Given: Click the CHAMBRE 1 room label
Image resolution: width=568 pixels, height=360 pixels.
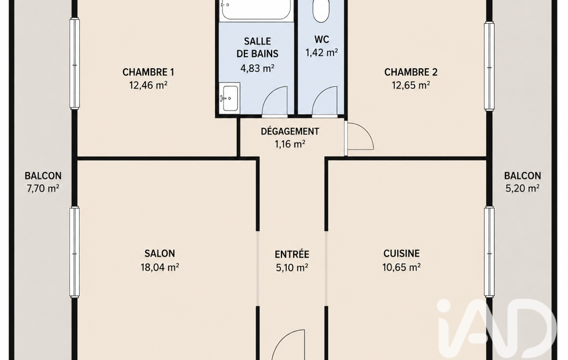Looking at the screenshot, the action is pyautogui.click(x=148, y=72).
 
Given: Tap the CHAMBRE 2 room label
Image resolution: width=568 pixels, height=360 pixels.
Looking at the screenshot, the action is pyautogui.click(x=411, y=72).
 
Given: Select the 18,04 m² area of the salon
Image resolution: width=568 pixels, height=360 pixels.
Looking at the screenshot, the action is pyautogui.click(x=160, y=268).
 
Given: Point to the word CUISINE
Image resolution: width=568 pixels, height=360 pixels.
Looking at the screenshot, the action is pyautogui.click(x=401, y=253).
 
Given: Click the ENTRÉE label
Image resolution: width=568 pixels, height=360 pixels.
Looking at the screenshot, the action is pyautogui.click(x=292, y=254).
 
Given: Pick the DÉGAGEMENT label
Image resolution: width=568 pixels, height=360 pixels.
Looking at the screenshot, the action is pyautogui.click(x=290, y=131).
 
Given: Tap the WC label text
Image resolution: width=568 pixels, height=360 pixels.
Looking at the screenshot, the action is pyautogui.click(x=321, y=39).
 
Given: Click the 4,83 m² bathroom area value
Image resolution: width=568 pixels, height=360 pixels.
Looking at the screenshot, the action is pyautogui.click(x=257, y=68).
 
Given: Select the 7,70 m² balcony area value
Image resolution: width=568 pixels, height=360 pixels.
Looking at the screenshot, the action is pyautogui.click(x=43, y=188).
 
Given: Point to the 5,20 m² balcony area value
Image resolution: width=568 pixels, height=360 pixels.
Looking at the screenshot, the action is pyautogui.click(x=523, y=188).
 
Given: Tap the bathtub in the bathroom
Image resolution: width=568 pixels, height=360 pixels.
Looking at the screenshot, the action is pyautogui.click(x=256, y=10).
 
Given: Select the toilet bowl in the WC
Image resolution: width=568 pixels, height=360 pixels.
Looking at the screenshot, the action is pyautogui.click(x=321, y=11).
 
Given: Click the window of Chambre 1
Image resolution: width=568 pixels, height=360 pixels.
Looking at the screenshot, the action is pyautogui.click(x=75, y=64).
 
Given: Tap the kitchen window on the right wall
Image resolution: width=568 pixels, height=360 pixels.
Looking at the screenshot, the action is pyautogui.click(x=489, y=252).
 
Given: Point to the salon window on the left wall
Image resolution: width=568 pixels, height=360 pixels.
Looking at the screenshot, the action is pyautogui.click(x=75, y=252).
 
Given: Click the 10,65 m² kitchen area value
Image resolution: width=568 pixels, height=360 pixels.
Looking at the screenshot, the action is pyautogui.click(x=401, y=268).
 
